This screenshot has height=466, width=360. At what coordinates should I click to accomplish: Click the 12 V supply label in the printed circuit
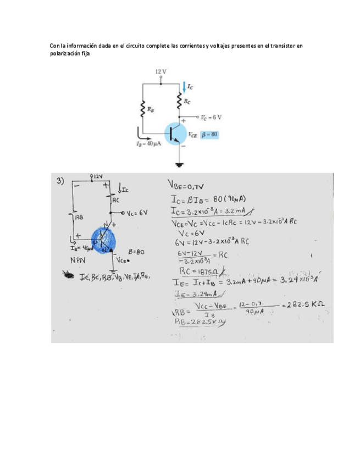(x=160, y=72)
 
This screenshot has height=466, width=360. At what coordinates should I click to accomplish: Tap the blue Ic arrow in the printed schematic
(x=184, y=86)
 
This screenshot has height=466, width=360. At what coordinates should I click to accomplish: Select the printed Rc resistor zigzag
(x=179, y=101)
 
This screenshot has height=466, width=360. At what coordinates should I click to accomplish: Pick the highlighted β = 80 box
(x=209, y=134)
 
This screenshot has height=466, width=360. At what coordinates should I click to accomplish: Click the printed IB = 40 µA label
(x=148, y=143)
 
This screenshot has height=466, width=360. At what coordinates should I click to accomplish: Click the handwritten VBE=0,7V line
(x=187, y=186)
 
